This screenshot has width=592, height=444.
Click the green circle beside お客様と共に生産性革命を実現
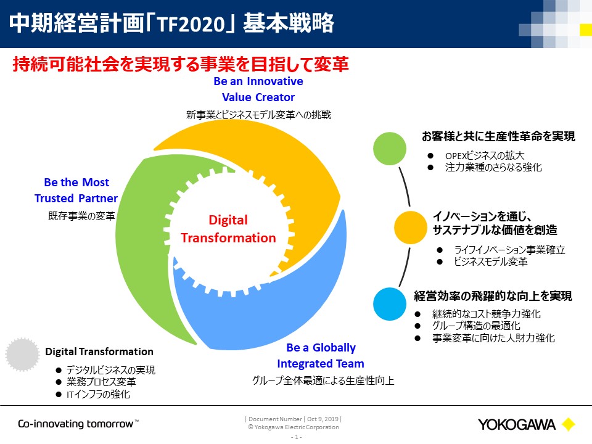click(x=390, y=149)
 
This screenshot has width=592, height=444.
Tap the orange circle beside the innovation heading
click(x=411, y=228)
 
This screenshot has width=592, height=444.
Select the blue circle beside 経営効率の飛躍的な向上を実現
click(x=390, y=304)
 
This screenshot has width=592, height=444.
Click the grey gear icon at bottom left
click(x=22, y=355)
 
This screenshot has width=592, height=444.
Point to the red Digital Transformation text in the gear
click(x=228, y=229)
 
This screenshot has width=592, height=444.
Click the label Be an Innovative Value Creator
click(x=258, y=89)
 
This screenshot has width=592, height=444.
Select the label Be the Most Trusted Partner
click(x=76, y=191)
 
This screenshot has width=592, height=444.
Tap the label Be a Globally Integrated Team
click(x=321, y=355)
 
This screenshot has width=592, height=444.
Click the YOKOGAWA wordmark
click(x=517, y=425)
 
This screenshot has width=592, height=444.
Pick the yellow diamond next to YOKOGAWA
click(x=568, y=424)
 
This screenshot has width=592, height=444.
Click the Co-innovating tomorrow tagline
click(x=78, y=424)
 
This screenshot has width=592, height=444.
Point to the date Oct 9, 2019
click(x=323, y=419)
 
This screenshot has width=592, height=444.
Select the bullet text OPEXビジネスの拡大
click(x=485, y=155)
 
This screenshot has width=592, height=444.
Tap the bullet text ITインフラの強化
click(x=98, y=394)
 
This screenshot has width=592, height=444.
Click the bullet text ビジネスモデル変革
click(x=490, y=261)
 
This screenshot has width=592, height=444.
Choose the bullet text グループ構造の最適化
click(x=476, y=326)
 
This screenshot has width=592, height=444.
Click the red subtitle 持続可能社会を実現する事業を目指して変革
click(x=181, y=64)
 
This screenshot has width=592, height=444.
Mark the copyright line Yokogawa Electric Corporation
click(x=294, y=427)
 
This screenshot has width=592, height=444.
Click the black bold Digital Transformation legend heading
click(x=99, y=351)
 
